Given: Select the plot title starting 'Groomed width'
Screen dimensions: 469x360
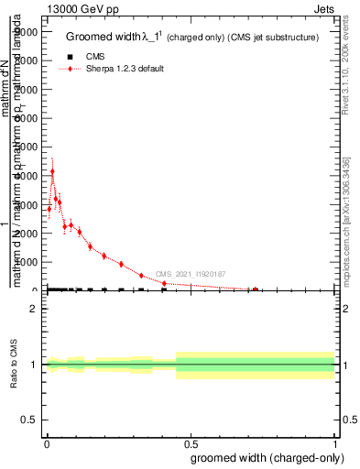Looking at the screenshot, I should pos(192,38).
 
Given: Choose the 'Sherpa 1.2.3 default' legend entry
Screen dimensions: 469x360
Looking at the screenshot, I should pos(125,69).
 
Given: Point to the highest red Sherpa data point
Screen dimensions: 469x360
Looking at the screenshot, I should pos(52,171).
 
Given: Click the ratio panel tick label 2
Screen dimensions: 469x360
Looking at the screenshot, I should pos(34,309).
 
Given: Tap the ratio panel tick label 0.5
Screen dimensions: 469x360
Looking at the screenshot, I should pos(30,420).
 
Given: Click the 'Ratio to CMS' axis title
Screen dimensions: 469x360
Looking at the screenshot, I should pos(14,364).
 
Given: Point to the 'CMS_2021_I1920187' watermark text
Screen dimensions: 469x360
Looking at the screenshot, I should pos(190,274).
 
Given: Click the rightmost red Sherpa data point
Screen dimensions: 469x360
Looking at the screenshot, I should pos(255,289).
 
